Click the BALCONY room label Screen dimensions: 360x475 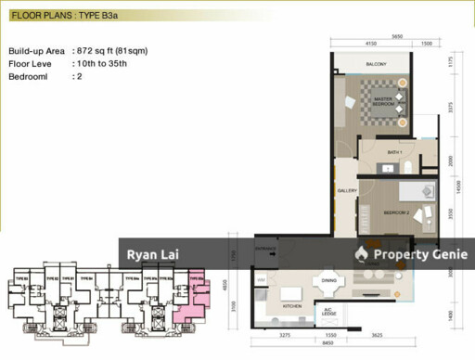click(x=376, y=64)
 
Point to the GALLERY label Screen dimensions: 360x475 click(x=347, y=191)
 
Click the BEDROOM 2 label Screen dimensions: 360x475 click(x=396, y=212)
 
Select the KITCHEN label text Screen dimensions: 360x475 click(x=291, y=304)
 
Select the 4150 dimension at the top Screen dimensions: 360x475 click(x=371, y=44)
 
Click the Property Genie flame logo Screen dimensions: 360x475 click(x=361, y=254)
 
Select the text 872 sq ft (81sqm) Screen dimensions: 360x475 click(x=109, y=50)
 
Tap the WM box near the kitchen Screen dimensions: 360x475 click(x=261, y=279)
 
